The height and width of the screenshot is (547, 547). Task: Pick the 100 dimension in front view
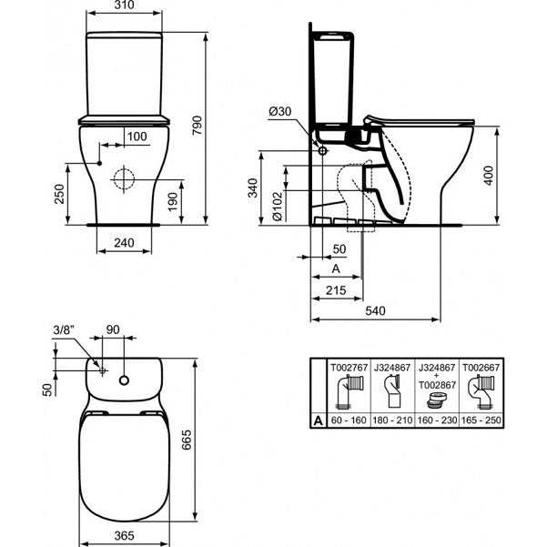[137, 137]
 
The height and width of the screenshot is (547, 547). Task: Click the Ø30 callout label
[279, 111]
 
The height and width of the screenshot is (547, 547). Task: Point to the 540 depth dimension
[374, 311]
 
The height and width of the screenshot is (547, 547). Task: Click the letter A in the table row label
[315, 421]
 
